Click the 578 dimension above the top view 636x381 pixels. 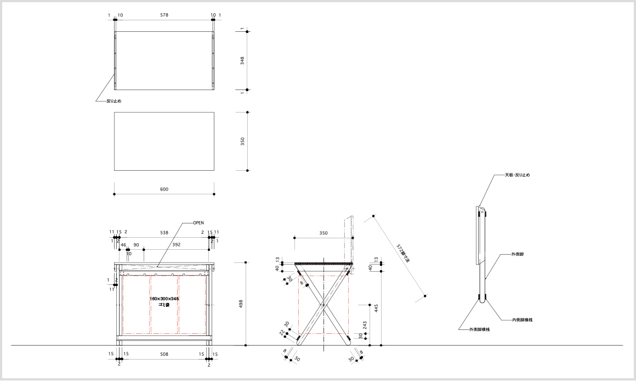pyautogui.click(x=164, y=15)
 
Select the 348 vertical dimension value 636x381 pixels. pyautogui.click(x=242, y=60)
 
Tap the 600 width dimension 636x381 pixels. pyautogui.click(x=164, y=189)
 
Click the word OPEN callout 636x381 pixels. pyautogui.click(x=198, y=223)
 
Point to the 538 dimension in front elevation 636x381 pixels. pyautogui.click(x=164, y=233)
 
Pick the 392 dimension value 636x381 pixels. pyautogui.click(x=177, y=244)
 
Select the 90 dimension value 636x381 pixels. pyautogui.click(x=136, y=244)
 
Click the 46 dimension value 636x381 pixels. pyautogui.click(x=123, y=244)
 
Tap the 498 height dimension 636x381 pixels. pyautogui.click(x=241, y=304)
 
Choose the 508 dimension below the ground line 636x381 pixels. pyautogui.click(x=164, y=354)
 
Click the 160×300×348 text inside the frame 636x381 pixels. pyautogui.click(x=164, y=299)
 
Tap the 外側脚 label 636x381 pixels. pyautogui.click(x=518, y=255)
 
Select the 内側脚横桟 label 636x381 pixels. pyautogui.click(x=523, y=319)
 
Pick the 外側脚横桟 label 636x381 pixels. pyautogui.click(x=479, y=329)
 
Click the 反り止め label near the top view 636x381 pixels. pyautogui.click(x=113, y=101)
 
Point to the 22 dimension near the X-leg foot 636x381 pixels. pyautogui.click(x=282, y=332)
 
